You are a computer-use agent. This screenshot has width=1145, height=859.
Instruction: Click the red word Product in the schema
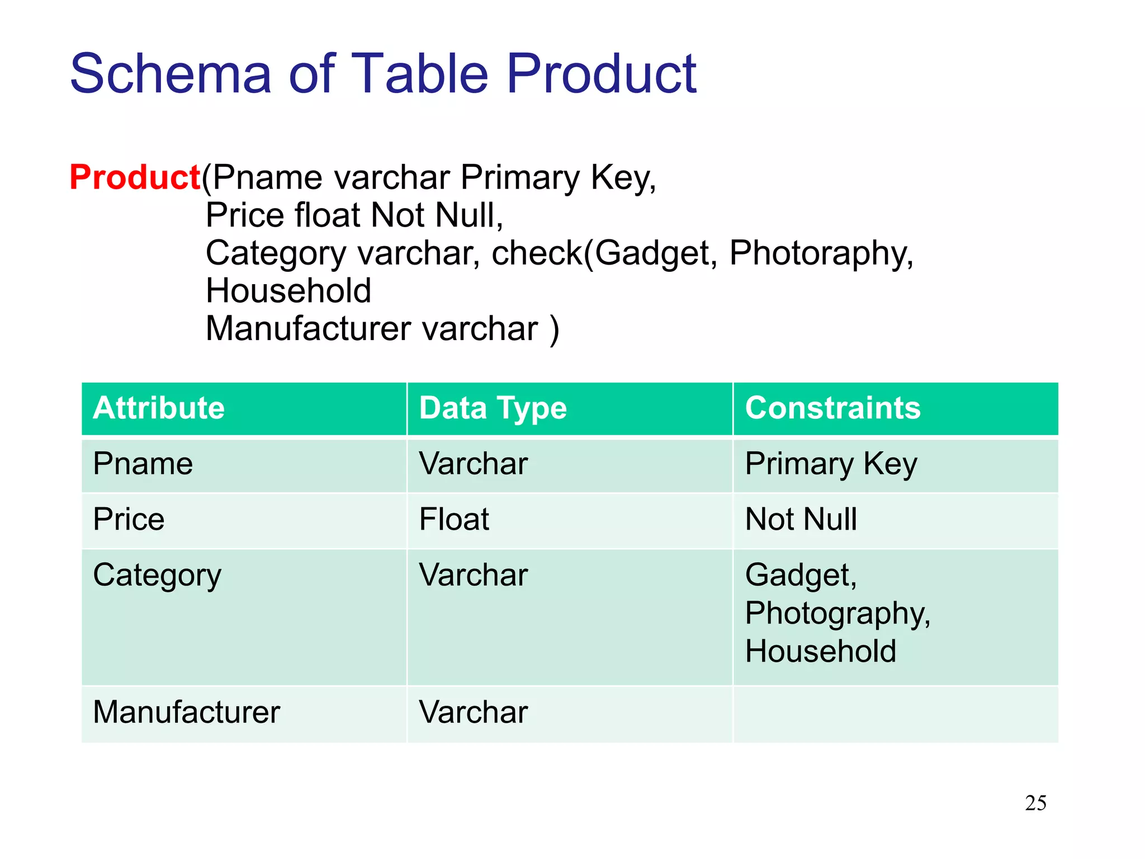(x=134, y=178)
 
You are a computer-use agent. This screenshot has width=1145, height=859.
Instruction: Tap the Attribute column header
(x=159, y=408)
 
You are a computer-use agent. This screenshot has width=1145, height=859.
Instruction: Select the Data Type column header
(x=493, y=408)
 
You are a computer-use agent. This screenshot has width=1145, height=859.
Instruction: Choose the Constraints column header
(x=832, y=408)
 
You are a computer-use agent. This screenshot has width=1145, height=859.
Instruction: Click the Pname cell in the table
(x=143, y=464)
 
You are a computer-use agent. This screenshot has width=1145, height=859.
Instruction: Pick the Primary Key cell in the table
(x=831, y=464)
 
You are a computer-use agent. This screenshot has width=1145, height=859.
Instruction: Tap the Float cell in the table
(x=454, y=519)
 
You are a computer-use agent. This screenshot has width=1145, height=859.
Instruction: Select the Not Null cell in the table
(x=801, y=519)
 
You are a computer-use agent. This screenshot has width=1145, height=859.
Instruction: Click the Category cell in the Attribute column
(x=157, y=575)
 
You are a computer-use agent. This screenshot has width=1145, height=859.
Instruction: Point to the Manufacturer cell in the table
(x=186, y=712)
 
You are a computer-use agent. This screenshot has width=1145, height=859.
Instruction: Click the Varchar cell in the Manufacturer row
(x=473, y=712)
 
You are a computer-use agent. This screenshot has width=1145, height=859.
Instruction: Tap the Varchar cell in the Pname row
(x=473, y=464)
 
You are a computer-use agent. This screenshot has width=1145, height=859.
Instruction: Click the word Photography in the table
(x=837, y=614)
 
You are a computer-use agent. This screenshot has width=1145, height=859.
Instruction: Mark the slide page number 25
(x=1035, y=803)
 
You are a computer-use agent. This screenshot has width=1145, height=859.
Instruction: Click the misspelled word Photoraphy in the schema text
(x=821, y=253)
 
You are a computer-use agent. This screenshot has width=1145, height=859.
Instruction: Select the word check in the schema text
(x=536, y=253)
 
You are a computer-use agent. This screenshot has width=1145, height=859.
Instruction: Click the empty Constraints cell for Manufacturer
(x=896, y=714)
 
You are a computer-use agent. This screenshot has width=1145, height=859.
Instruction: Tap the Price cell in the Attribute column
(x=129, y=519)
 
